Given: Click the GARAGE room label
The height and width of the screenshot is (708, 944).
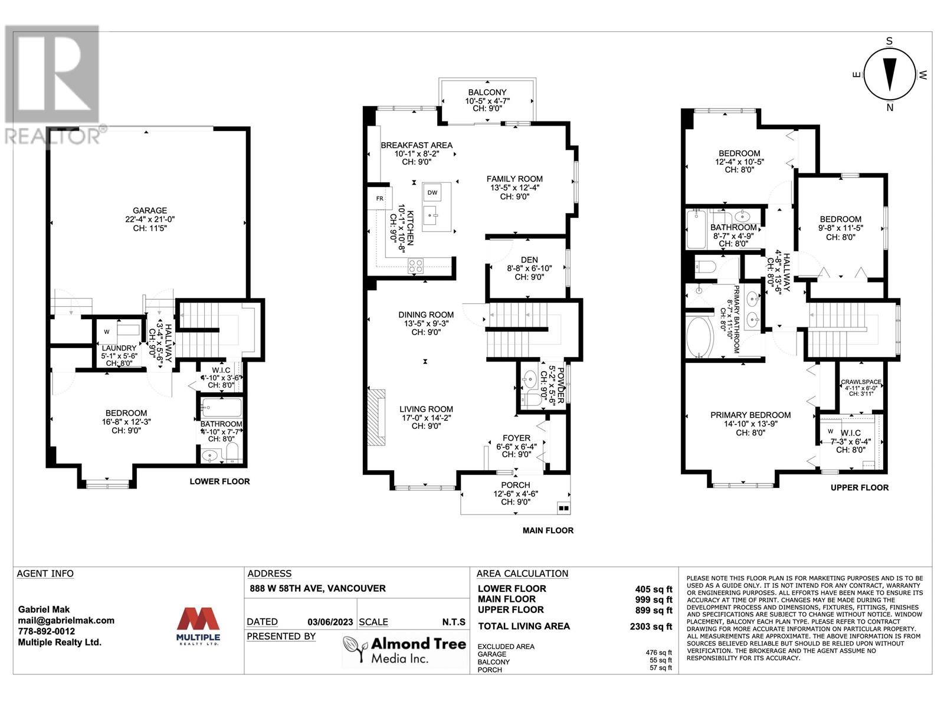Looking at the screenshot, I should coord(150,211).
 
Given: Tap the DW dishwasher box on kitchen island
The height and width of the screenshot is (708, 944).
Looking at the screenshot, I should coord(432,192).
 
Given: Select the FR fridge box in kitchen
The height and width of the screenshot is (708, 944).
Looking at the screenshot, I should coord(379,199).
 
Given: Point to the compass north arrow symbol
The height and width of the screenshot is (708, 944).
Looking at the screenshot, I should coord(890,74).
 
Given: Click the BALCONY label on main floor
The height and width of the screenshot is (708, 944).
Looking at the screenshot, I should coord(487,93).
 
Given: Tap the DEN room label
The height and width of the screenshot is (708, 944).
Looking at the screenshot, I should coord(529,260).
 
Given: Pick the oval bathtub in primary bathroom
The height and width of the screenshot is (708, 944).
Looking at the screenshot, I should coord(700,338).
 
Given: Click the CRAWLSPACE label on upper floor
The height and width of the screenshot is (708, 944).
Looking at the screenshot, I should coord(861,382).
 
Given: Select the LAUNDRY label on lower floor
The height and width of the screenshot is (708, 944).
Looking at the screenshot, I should coord(119,349).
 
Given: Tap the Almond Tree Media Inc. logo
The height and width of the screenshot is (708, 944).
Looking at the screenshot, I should coord(405,650).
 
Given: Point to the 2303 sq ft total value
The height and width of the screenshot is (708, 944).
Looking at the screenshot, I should coord(651,627).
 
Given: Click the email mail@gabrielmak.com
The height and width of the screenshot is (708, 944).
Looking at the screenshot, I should coord(66,621).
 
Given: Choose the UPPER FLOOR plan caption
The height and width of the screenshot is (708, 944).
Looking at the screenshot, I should coord(859,487).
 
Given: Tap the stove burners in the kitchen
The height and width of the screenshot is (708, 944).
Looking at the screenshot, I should coord(416,266).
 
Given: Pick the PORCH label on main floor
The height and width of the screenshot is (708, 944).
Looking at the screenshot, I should coord(516,485).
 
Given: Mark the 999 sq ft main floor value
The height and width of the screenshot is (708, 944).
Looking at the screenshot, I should coord(653,599).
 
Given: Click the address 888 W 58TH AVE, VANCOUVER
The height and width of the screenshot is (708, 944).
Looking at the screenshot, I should coord(317,588).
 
